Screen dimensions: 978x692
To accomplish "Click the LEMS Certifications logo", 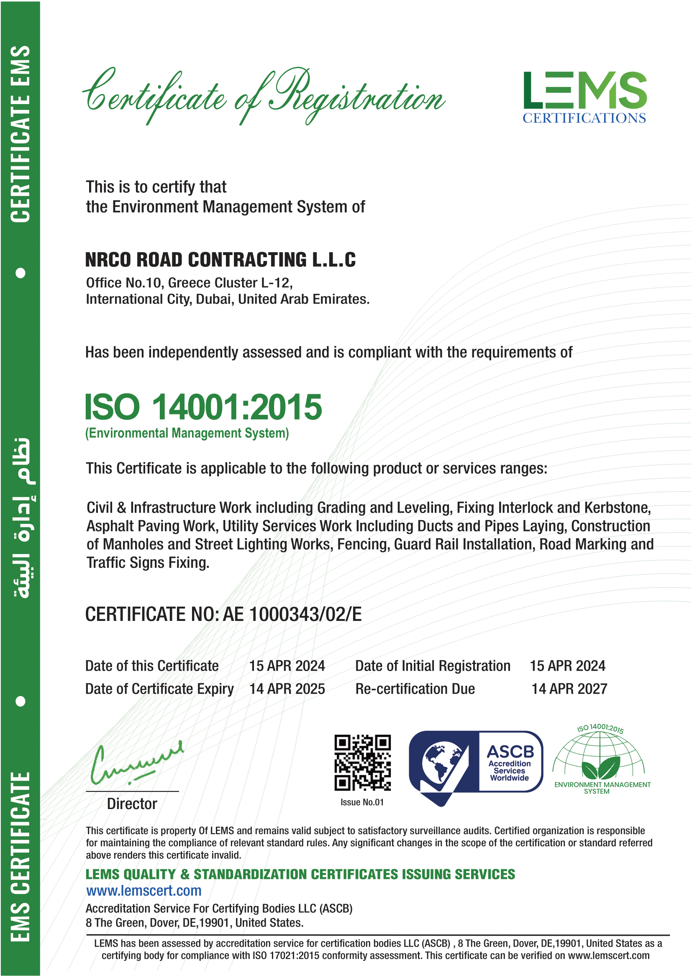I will (584, 97).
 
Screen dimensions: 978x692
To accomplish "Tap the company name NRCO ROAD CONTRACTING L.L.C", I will (220, 260).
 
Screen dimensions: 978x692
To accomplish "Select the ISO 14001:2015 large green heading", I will (203, 407).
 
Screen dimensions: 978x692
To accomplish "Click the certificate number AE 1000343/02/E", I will (292, 614).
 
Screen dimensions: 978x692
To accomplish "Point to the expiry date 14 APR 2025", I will (287, 689).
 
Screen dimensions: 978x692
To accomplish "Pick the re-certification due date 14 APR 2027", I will (569, 689).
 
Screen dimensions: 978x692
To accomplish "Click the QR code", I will (362, 763).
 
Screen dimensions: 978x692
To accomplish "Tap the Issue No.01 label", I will (362, 802).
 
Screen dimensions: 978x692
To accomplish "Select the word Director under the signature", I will (132, 804).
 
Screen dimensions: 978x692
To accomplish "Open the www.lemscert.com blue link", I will (144, 891).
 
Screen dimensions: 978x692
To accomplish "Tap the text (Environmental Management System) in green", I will (187, 433).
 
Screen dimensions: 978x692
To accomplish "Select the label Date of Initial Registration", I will (433, 666).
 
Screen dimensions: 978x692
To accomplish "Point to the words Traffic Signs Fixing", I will (148, 563).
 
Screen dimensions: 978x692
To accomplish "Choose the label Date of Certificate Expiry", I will (159, 689).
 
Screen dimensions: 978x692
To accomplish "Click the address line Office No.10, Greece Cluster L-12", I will (189, 283).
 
